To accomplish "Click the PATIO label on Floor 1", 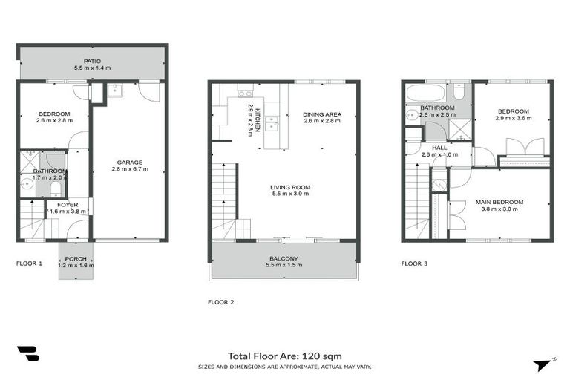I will coord(93,62).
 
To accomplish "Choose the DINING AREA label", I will coord(321,114).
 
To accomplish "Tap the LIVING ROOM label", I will coord(290,187).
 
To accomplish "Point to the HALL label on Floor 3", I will coord(439,148).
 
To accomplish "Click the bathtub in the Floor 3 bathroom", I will coord(425,94).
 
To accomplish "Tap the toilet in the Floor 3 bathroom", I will coord(459,93).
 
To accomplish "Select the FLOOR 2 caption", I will coord(221,302).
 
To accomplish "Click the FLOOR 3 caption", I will coord(414,263).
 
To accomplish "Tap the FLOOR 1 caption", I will coord(30,263).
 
